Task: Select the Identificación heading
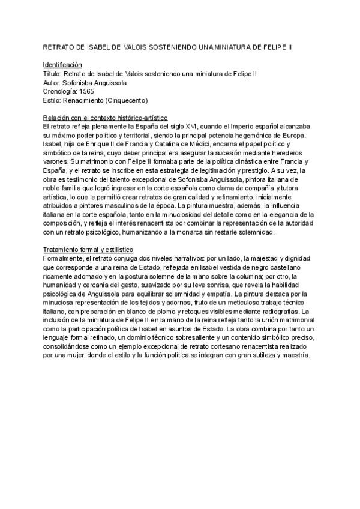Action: point(63,64)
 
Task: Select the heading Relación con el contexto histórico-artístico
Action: point(106,118)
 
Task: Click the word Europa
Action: point(293,136)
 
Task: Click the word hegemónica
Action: point(253,136)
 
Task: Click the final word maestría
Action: point(293,356)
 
